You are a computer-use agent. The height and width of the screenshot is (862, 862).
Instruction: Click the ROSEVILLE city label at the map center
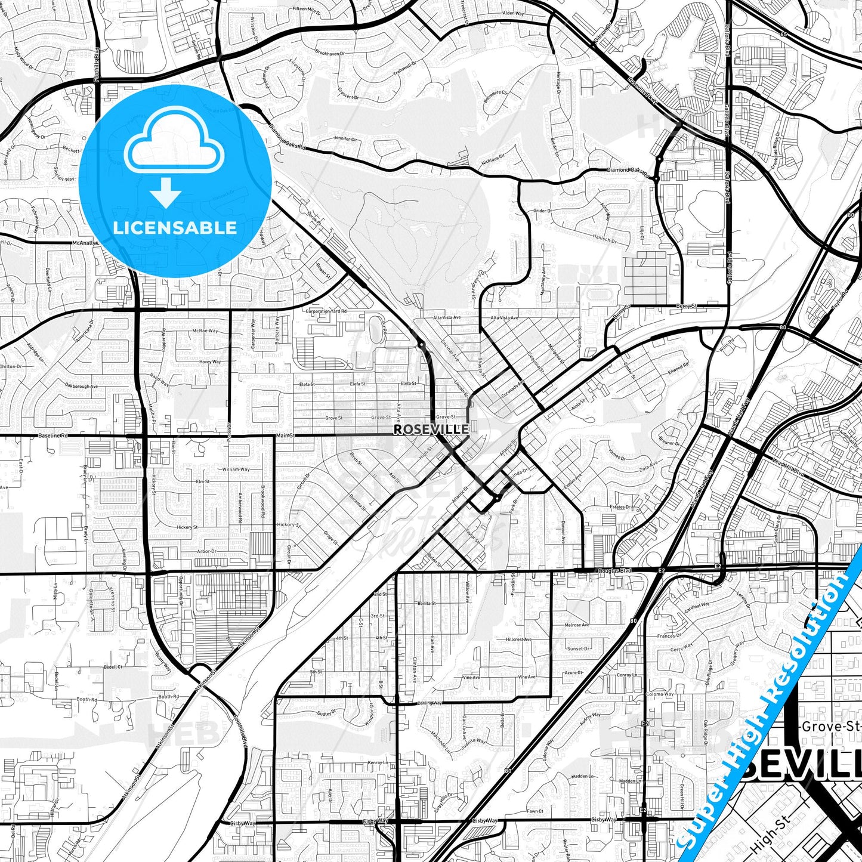click(x=431, y=429)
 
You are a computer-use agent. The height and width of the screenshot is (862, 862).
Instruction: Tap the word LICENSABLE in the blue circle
click(x=175, y=227)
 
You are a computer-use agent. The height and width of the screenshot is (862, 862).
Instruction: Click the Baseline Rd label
click(x=53, y=436)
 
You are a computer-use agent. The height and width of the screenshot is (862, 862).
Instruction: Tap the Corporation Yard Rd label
click(x=326, y=311)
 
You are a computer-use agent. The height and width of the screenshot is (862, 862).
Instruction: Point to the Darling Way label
click(x=430, y=703)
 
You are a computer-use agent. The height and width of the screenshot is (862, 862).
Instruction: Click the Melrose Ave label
click(x=576, y=625)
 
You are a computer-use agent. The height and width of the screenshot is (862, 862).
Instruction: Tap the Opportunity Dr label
click(x=181, y=592)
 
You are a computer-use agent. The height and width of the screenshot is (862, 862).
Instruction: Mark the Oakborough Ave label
click(x=81, y=387)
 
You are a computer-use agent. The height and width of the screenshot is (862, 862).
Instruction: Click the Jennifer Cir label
click(x=345, y=139)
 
